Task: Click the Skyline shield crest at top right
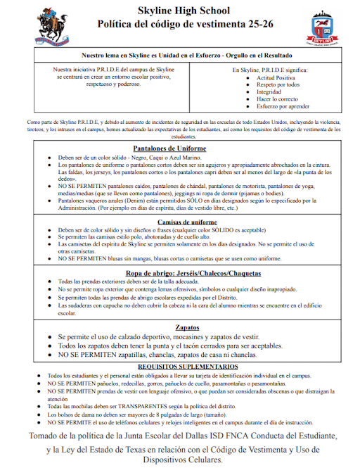321,29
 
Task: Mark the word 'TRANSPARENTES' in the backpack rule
150,407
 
